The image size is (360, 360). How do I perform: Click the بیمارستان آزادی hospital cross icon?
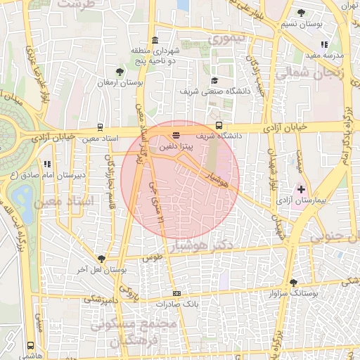tap(302, 189)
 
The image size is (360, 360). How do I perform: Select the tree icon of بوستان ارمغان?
tap(120, 72)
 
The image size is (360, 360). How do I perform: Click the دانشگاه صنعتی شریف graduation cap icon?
tap(214, 80)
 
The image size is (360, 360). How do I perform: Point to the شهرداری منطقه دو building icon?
tap(154, 40)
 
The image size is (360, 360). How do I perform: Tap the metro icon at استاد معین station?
tap(100, 128)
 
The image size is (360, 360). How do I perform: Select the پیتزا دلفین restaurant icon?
tap(175, 134)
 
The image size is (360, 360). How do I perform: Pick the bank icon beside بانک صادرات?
tap(176, 293)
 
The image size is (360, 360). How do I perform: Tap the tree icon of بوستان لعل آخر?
tap(101, 259)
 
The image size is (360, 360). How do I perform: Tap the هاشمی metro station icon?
tap(30, 345)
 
